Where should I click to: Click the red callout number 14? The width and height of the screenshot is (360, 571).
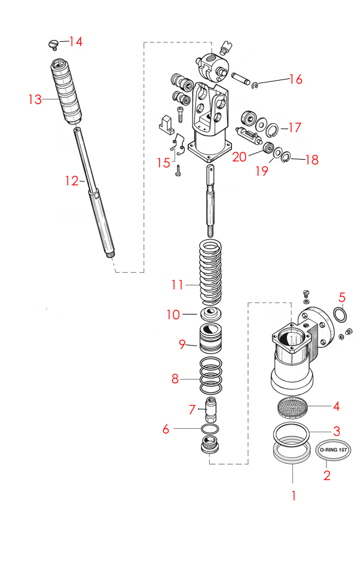(x=75, y=42)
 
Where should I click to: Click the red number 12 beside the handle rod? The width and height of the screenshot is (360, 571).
(x=72, y=179)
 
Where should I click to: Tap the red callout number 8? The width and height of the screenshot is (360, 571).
(x=175, y=378)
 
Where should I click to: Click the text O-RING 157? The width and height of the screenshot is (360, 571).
(x=333, y=450)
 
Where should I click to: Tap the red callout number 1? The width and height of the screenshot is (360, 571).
(x=293, y=495)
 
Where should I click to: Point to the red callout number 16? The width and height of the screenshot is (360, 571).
(x=296, y=79)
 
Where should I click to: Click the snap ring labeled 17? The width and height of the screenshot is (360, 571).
(x=273, y=129)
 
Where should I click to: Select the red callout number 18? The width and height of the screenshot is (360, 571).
(x=312, y=160)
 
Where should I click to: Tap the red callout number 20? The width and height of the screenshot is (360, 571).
(x=239, y=157)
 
